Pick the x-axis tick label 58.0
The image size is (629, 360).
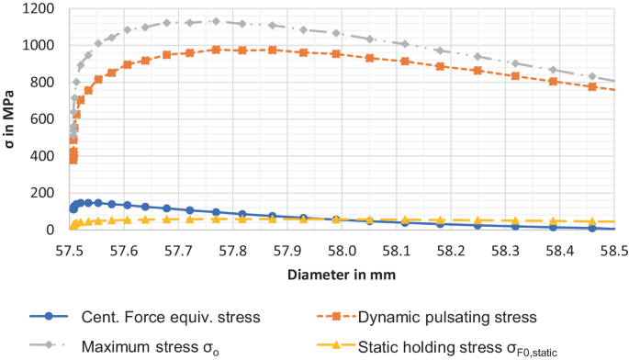click(342, 249)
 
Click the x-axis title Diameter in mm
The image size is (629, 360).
click(341, 273)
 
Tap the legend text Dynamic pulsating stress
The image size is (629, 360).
click(446, 317)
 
